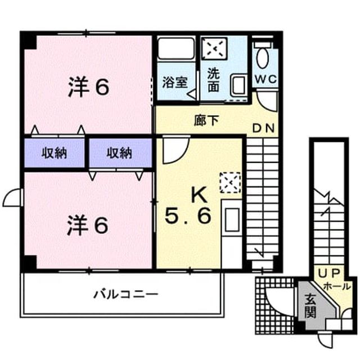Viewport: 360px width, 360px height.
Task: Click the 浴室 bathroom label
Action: [175, 82]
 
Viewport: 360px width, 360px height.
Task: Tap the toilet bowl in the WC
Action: [263, 58]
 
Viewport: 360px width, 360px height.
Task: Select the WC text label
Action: [266, 79]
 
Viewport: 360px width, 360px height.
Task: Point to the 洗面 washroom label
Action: [213, 80]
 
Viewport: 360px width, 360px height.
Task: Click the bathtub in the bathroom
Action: [176, 49]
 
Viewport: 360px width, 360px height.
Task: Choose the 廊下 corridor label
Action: [206, 120]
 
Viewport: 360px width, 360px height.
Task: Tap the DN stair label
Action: [264, 128]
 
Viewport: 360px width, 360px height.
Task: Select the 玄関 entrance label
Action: [310, 306]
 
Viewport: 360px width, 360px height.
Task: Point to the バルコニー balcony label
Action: [126, 294]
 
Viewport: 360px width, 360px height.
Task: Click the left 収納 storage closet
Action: [55, 153]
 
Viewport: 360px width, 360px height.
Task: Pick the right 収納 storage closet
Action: [120, 153]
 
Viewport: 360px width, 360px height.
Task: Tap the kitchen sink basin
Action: [232, 220]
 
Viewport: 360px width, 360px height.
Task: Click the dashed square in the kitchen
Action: [230, 183]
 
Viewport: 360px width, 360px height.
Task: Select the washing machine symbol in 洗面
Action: [214, 48]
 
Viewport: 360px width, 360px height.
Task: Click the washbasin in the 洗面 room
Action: [238, 84]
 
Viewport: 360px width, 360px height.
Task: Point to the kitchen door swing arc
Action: [180, 156]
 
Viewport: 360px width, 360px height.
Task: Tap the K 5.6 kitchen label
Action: [188, 206]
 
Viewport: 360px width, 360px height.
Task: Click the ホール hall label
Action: [337, 286]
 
